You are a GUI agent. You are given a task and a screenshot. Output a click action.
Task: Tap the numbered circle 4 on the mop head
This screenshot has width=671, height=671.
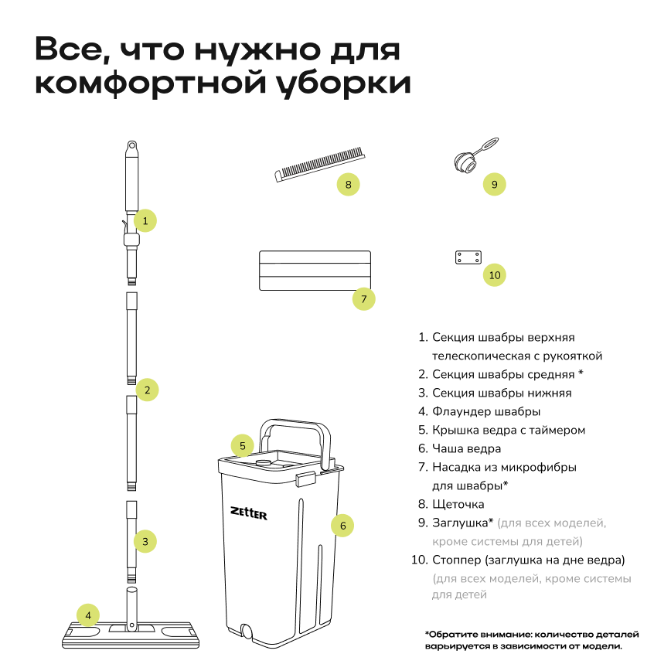(x=88, y=615)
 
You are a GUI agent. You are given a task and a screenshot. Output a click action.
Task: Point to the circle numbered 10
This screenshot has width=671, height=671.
(x=495, y=274)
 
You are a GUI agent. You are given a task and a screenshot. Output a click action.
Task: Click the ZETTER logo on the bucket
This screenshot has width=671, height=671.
(x=248, y=512)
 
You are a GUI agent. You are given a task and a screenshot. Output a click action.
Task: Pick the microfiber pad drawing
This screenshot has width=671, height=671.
(x=314, y=270)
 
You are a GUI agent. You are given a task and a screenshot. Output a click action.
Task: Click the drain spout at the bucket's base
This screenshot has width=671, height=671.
(x=247, y=631)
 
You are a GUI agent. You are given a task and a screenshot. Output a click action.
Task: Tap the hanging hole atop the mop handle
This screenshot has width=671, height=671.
(x=131, y=145)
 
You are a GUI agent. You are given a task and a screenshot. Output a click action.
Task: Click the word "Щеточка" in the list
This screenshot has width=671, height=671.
(x=458, y=504)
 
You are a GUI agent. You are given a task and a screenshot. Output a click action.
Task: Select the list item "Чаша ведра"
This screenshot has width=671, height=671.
(x=466, y=448)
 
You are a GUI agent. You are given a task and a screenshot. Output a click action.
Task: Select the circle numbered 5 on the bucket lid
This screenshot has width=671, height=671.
(x=242, y=445)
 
